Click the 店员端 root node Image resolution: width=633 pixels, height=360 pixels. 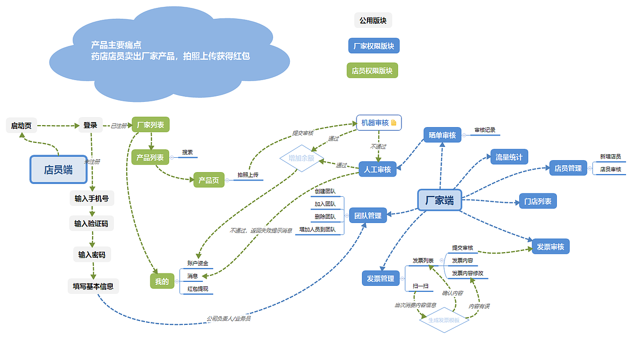[x=58, y=170]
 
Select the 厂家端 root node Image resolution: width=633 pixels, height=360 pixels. [x=440, y=200]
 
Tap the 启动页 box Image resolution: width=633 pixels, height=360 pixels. [x=21, y=126]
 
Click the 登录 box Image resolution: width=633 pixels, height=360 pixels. [x=90, y=125]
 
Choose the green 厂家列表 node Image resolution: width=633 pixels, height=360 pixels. [x=151, y=125]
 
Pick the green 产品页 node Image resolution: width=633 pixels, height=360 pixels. [x=209, y=180]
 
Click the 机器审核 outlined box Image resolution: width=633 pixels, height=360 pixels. [x=379, y=123]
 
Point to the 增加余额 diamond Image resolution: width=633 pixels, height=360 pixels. [x=301, y=159]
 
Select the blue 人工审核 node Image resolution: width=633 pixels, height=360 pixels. [x=377, y=170]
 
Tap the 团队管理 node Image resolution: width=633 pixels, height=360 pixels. [x=367, y=215]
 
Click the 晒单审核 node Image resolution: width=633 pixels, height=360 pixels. [x=442, y=135]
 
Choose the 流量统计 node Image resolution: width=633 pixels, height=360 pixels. [x=509, y=157]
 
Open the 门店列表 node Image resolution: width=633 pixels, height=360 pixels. [x=538, y=201]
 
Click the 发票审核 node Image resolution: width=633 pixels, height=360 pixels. [x=550, y=246]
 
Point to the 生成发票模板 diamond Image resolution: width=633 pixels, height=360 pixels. [x=444, y=320]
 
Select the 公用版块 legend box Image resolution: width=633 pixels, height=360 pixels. [x=373, y=20]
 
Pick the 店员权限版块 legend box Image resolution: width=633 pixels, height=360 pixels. [x=372, y=71]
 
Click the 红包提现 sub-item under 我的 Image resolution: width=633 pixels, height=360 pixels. [x=198, y=289]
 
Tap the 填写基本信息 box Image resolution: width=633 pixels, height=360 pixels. [x=93, y=286]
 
